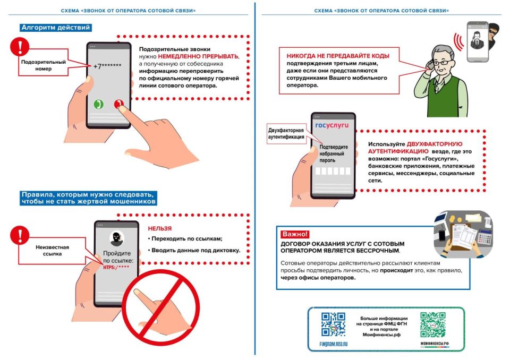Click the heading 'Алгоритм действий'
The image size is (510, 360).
coord(56,28)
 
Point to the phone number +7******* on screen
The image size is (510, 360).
coord(107,66)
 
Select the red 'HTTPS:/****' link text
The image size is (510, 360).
coord(117,268)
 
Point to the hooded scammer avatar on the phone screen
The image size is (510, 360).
coord(116,237)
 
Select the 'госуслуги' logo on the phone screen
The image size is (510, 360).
coord(332,126)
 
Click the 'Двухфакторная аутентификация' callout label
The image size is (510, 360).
coord(286,133)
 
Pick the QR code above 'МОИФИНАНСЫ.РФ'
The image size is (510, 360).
coord(433,325)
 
